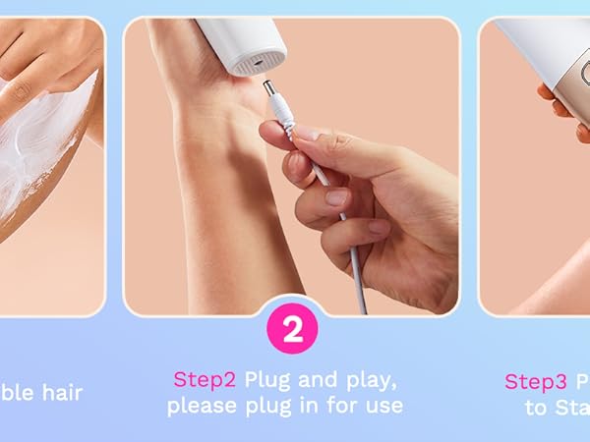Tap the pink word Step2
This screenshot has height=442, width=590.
(206, 380)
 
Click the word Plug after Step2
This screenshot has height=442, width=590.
(268, 380)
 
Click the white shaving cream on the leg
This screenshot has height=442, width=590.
(39, 147)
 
